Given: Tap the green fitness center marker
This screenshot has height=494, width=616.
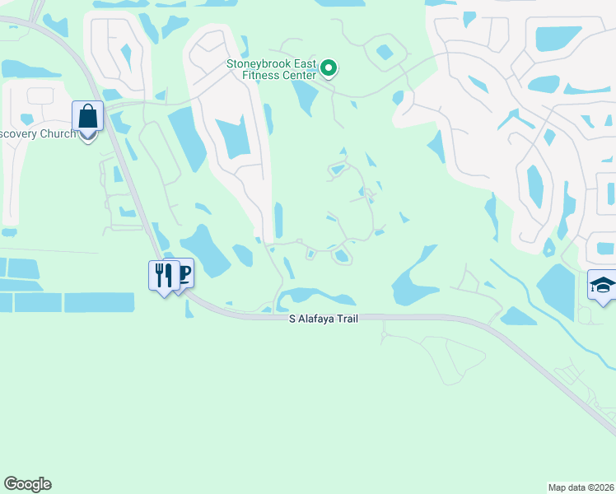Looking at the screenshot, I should point(329,68).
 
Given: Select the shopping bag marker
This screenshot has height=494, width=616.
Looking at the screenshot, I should point(87,117).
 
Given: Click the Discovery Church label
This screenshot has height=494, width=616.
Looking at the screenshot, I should point(36,134).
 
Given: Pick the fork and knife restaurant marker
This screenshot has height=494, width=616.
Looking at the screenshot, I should point(161,273).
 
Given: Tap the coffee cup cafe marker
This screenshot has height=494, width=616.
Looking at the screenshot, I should point(184,272).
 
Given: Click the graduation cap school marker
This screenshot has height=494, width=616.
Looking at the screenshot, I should point(603,287).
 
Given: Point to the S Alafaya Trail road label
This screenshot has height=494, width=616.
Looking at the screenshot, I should point(323,318).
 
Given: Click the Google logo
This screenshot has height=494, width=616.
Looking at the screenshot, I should point(27,484).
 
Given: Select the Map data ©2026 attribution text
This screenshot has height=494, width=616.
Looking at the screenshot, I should point(581,487).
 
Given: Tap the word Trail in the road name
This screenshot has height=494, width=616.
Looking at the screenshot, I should point(345,318).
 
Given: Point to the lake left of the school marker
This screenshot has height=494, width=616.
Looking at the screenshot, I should point(555,290).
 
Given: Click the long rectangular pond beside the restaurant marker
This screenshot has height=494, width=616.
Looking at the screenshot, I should point(99,302).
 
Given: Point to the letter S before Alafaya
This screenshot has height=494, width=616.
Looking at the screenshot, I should point(292,318).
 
